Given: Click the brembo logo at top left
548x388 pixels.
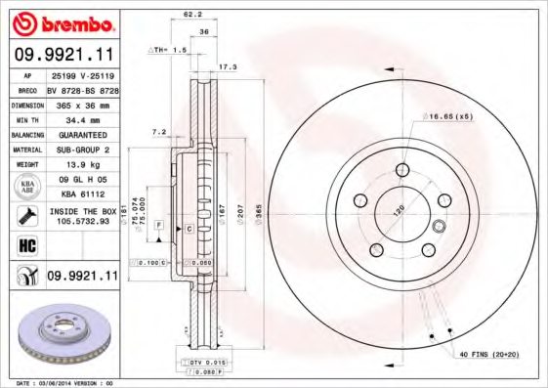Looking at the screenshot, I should point(64,22).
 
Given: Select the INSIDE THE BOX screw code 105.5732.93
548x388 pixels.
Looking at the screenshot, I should point(82,221).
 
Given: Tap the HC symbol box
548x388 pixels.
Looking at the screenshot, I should point(26,245).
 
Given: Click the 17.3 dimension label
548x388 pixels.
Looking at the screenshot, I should point(227,66).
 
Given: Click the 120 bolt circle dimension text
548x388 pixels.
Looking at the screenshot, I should point(399,212).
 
